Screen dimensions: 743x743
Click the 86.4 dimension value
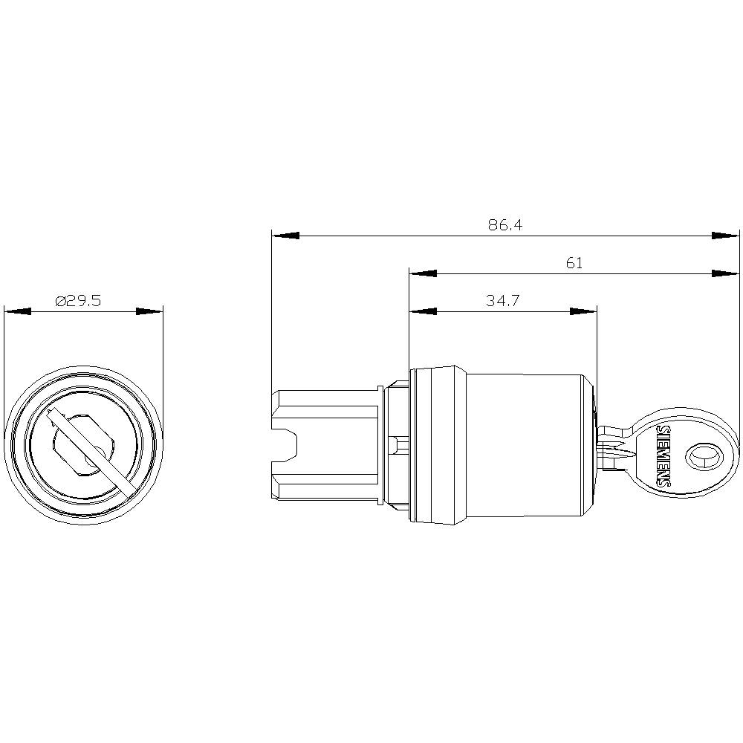tap(505, 225)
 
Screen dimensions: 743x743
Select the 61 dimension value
tap(574, 263)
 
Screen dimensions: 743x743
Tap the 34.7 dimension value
tap(502, 301)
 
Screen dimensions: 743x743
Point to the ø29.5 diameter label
tap(78, 301)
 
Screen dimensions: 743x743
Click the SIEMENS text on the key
tap(665, 456)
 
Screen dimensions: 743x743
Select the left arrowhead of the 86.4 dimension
tap(286, 236)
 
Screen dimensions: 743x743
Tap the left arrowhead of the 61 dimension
tap(423, 273)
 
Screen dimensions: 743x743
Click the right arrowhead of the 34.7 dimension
tap(583, 311)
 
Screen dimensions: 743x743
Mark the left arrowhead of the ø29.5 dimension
tap(18, 311)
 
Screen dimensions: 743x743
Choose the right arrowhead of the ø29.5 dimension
tap(149, 311)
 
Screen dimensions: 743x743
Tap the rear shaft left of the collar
tap(327, 446)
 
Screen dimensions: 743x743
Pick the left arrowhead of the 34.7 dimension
tap(423, 311)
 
